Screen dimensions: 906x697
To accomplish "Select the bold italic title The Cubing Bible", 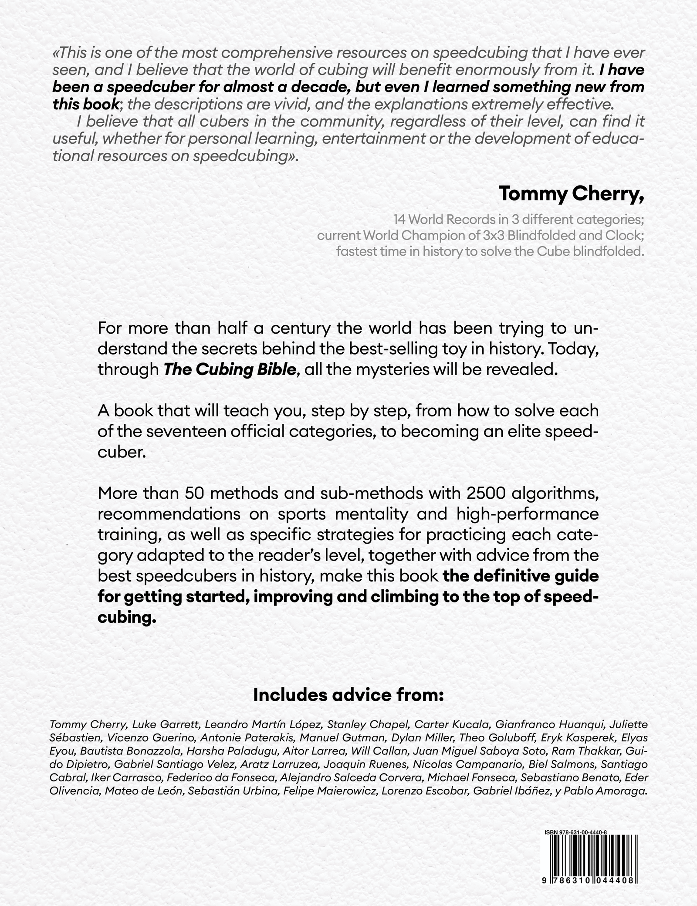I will tap(230, 369).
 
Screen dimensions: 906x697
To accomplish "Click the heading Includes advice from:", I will tap(348, 695).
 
